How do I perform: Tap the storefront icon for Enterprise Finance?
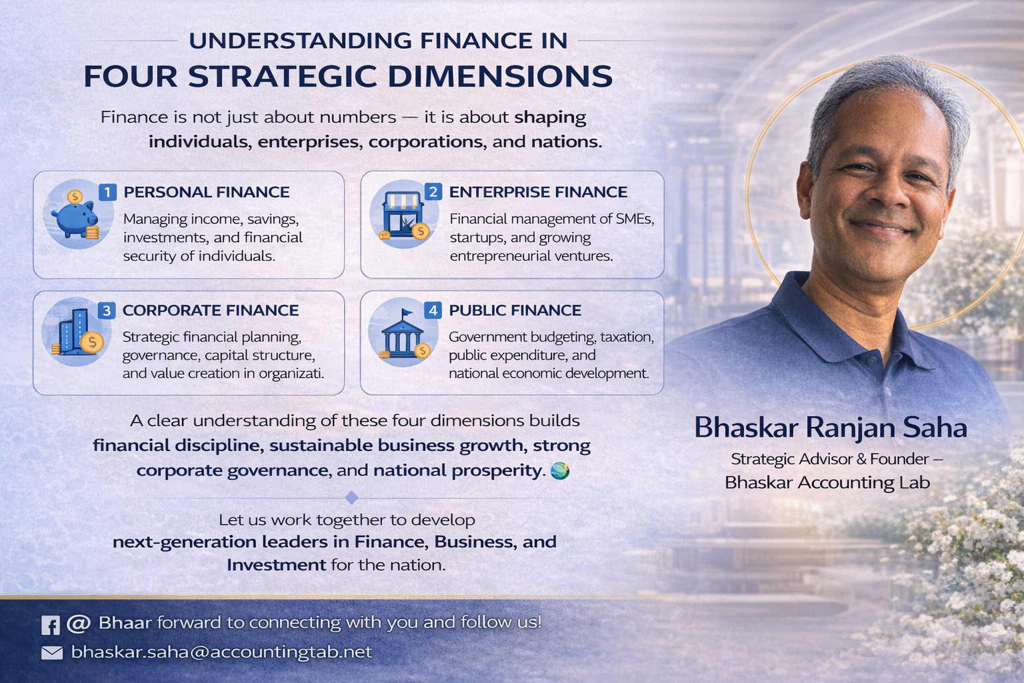coord(404,214)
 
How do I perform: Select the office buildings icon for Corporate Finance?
coord(77,331)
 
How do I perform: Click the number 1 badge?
coord(108,191)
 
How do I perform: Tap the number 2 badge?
coord(433,191)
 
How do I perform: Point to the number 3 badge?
coord(107,311)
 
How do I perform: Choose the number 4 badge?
coord(433,311)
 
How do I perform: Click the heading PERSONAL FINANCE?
coord(207,192)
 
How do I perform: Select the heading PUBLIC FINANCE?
coord(515,311)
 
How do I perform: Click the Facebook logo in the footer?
coord(50,625)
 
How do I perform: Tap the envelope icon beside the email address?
coord(52,653)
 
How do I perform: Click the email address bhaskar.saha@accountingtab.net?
coord(222,652)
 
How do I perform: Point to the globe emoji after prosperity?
coord(560,471)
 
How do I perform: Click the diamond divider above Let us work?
coord(351,498)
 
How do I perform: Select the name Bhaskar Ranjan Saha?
coord(831,428)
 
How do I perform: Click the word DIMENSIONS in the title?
coord(500,76)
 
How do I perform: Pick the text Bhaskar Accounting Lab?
coord(827,483)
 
